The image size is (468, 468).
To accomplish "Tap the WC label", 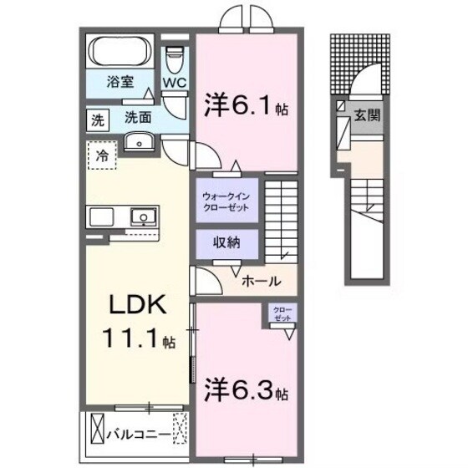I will pyautogui.click(x=174, y=83).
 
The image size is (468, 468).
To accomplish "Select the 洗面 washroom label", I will pyautogui.click(x=139, y=118).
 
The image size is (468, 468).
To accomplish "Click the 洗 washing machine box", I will pyautogui.click(x=98, y=119).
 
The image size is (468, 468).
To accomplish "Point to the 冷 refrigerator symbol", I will pyautogui.click(x=101, y=155).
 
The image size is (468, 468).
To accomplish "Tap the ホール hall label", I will pyautogui.click(x=261, y=281).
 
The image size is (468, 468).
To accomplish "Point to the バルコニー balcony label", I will pyautogui.click(x=140, y=434).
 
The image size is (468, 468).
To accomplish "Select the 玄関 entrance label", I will pyautogui.click(x=368, y=115).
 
